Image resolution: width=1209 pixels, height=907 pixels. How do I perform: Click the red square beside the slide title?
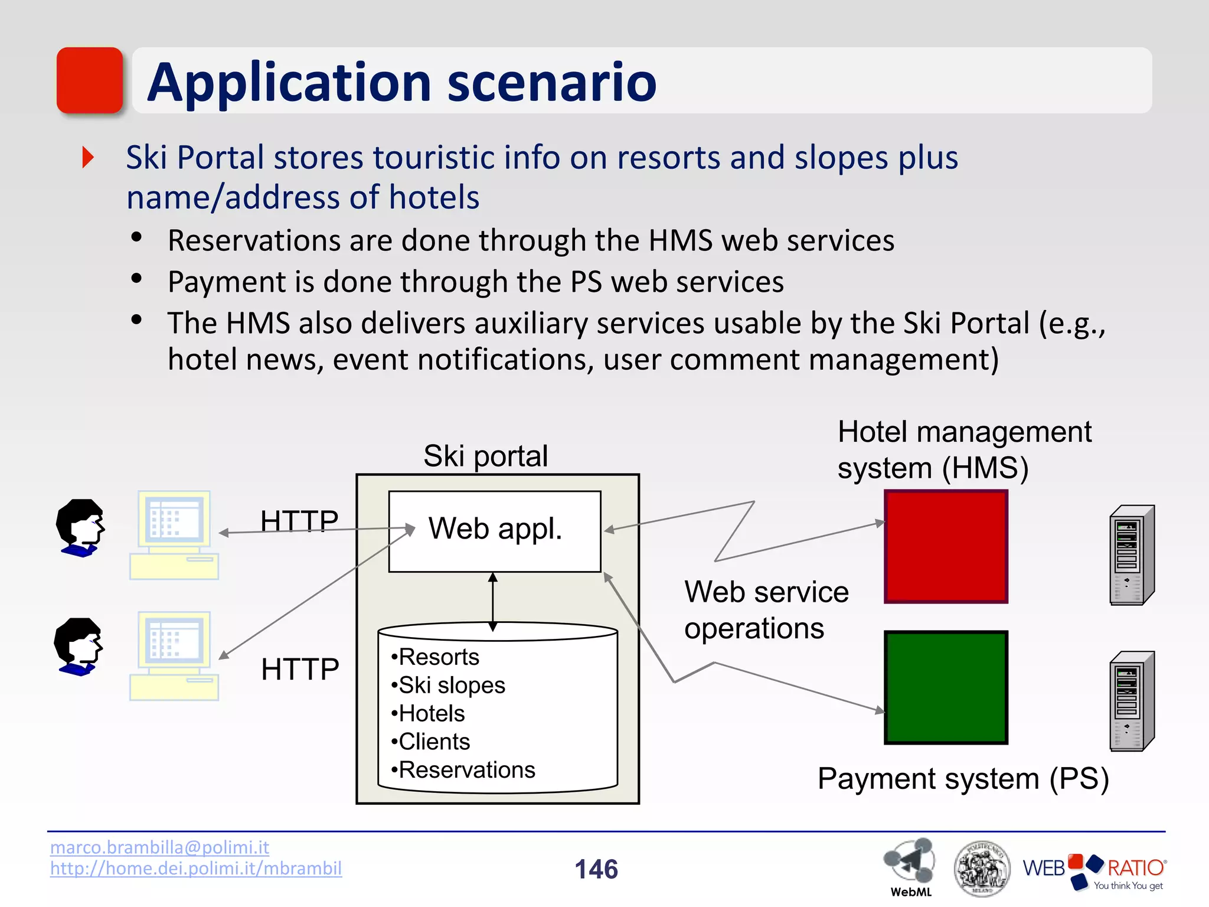[x=90, y=80]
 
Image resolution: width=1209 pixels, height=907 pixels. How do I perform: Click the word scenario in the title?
[x=551, y=83]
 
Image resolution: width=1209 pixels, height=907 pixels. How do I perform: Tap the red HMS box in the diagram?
[x=946, y=546]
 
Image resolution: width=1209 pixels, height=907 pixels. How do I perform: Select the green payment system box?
[x=946, y=687]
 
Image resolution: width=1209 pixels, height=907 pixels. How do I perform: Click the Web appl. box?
[x=495, y=530]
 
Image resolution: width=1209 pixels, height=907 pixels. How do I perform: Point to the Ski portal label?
[x=485, y=456]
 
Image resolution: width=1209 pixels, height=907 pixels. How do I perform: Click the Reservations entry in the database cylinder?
[x=466, y=770]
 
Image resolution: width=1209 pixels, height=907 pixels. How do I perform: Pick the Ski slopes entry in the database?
[x=452, y=685]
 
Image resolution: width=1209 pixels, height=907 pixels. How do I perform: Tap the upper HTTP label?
[x=299, y=521]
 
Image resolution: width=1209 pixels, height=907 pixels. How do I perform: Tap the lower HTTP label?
[x=300, y=669]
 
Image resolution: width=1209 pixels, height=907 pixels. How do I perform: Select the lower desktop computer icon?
[x=174, y=655]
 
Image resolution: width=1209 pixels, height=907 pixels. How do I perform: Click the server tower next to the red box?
[x=1132, y=555]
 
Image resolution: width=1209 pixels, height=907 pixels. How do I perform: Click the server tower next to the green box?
[x=1132, y=701]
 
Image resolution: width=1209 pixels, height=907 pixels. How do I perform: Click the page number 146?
[x=596, y=869]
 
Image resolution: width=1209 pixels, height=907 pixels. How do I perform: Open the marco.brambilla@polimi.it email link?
[x=159, y=847]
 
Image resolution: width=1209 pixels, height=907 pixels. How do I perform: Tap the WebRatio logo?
[x=1094, y=870]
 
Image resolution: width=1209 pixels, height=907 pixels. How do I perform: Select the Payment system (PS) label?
[x=963, y=778]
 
